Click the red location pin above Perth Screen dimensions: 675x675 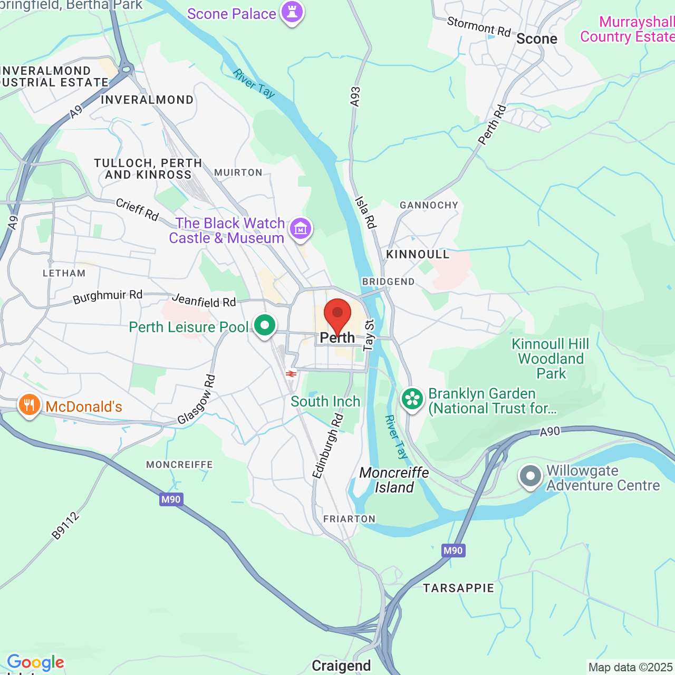point(337,315)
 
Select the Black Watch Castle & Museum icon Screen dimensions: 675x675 point(301,229)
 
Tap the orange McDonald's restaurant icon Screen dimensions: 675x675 point(29,406)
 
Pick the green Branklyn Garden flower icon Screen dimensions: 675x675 point(412,399)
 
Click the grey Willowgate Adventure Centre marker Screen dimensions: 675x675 point(531,476)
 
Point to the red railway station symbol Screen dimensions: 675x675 point(290,374)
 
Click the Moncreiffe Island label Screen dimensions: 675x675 point(394,480)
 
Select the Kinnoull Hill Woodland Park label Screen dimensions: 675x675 point(551,359)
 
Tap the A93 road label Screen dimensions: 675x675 point(355,97)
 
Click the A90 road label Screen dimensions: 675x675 point(549,432)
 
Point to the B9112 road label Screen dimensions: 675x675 point(65,525)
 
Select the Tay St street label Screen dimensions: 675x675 point(369,335)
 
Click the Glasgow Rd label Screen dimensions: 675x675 point(196,399)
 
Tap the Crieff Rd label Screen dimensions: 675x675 point(137,209)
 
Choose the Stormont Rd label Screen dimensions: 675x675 point(479,26)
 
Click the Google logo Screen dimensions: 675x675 point(35,662)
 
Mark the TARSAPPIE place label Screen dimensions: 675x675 point(458,588)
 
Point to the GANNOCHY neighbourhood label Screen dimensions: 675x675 point(429,205)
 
